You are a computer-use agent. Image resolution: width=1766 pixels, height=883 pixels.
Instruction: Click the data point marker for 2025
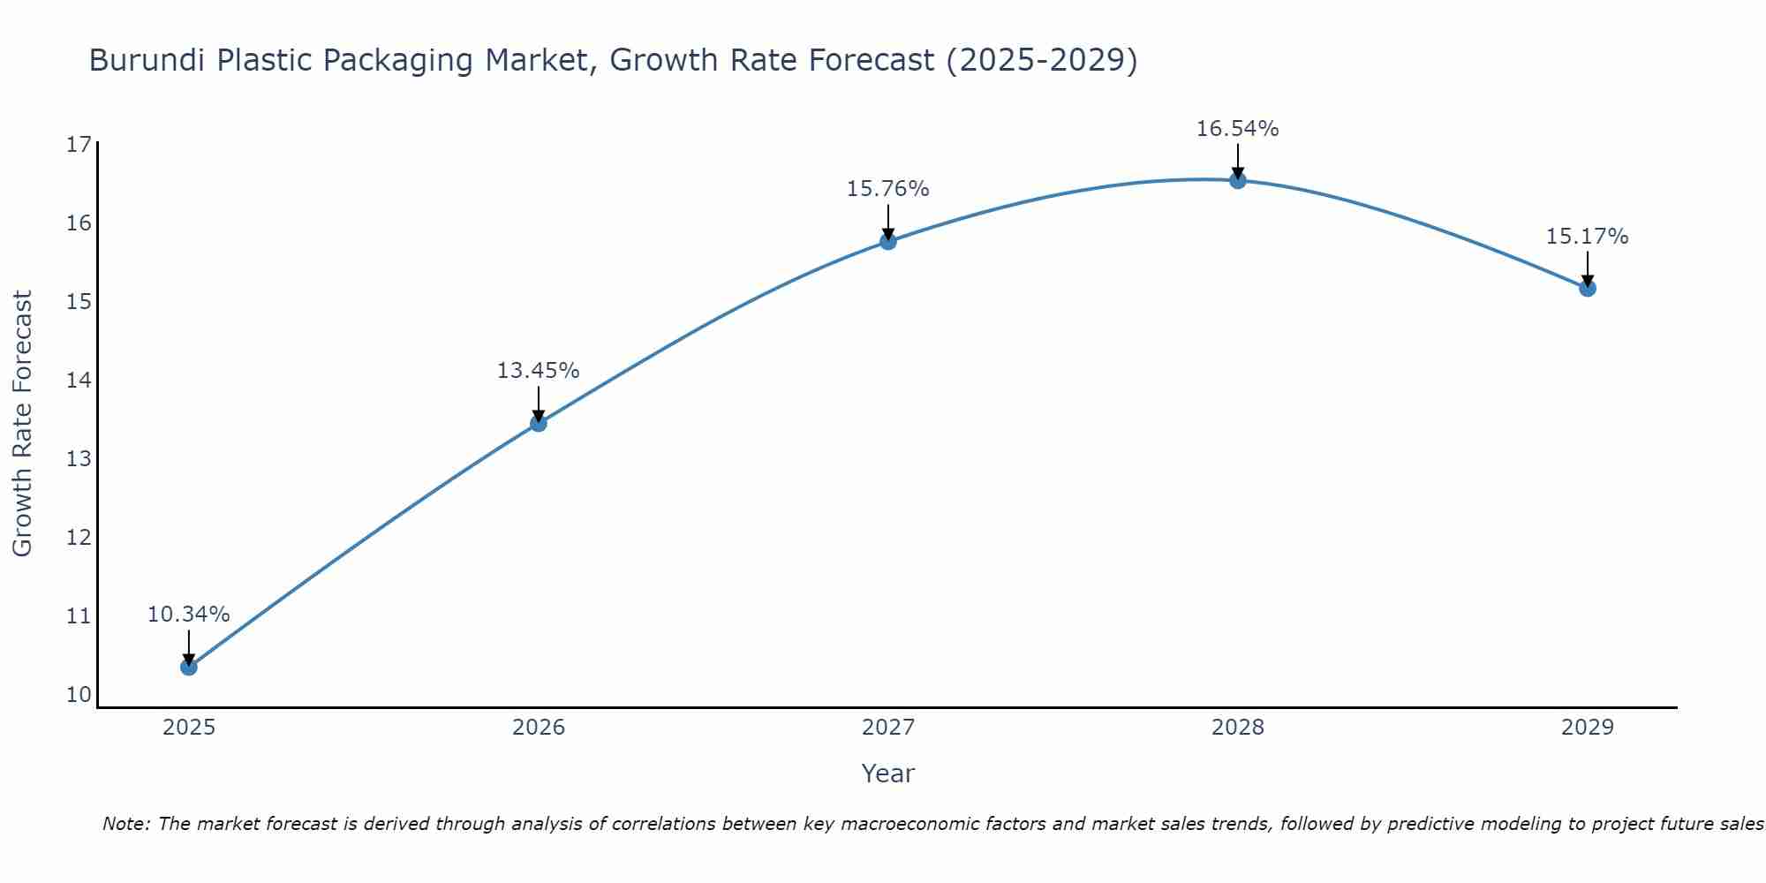189,667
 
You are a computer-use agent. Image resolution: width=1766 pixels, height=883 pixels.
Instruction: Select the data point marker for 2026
539,423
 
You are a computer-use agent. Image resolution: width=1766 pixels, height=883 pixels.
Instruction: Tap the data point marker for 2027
888,241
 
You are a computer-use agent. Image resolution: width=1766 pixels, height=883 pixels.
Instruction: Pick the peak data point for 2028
1238,180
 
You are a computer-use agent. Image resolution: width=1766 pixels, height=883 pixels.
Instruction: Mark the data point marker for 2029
1588,288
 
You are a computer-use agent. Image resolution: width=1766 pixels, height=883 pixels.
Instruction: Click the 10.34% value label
189,615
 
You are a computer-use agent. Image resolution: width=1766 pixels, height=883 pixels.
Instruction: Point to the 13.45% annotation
539,371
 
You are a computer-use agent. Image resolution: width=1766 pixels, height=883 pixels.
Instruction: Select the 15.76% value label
888,189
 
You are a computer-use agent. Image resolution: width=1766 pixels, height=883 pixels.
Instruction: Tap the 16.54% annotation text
1238,129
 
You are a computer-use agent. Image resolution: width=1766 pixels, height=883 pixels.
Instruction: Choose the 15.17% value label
1588,237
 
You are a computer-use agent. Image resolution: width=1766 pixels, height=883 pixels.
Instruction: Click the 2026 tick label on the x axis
539,728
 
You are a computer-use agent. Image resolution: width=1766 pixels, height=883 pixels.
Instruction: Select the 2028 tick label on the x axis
1238,728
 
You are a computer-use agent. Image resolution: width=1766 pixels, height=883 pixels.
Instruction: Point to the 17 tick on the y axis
79,145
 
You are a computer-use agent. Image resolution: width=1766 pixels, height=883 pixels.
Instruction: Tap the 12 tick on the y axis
79,538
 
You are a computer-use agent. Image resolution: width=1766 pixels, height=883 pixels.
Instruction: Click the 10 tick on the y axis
79,695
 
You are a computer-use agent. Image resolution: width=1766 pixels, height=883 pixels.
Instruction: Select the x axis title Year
888,774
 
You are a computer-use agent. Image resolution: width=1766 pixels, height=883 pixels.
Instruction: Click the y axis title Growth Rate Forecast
23,424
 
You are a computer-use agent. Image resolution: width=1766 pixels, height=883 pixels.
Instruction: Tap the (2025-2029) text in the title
1042,61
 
